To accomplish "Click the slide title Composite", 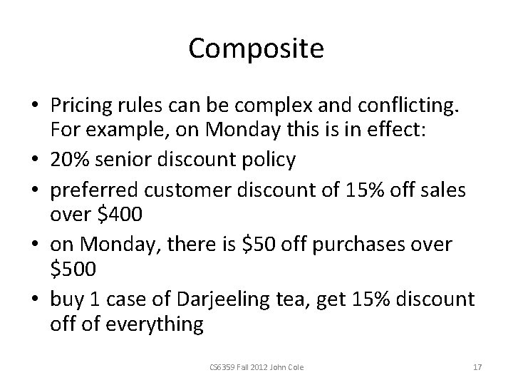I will [256, 49].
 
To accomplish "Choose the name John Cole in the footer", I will [287, 367].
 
